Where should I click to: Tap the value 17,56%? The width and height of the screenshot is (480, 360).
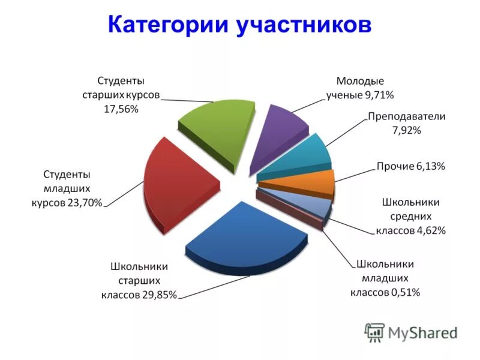pyautogui.click(x=122, y=109)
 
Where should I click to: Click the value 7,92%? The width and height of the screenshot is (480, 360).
pyautogui.click(x=407, y=130)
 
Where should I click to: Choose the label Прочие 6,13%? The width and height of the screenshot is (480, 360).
pyautogui.click(x=410, y=166)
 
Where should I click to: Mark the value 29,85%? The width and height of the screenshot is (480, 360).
pyautogui.click(x=159, y=295)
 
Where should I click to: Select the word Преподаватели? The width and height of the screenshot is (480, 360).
pyautogui.click(x=407, y=116)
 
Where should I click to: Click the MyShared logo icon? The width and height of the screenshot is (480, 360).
pyautogui.click(x=374, y=332)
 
